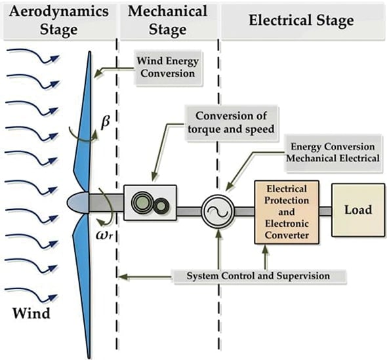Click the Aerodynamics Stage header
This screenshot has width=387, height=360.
(x=59, y=20)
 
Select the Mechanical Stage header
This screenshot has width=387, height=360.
(x=167, y=20)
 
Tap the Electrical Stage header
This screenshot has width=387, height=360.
(x=302, y=20)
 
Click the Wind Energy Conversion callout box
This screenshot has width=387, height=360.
(x=168, y=68)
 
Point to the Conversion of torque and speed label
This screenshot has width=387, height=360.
(x=232, y=123)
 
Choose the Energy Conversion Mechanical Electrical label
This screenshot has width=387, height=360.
(x=333, y=153)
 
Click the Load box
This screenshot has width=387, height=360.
(x=358, y=210)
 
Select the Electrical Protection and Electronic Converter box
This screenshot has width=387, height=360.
(x=287, y=212)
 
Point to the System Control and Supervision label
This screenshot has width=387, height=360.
(x=258, y=276)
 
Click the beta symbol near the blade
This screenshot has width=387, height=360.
(x=106, y=122)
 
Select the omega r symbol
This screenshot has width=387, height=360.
(x=105, y=235)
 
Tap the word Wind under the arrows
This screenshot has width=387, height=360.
(x=31, y=313)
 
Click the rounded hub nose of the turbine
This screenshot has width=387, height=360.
(x=77, y=203)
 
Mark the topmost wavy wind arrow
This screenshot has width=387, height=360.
(x=33, y=56)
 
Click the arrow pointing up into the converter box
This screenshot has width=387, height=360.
(x=265, y=257)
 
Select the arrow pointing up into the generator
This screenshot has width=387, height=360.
(x=218, y=249)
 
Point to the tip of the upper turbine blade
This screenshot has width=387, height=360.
(x=90, y=52)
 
